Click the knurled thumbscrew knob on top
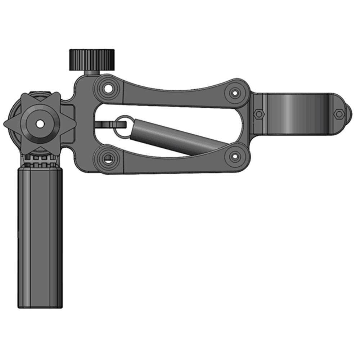pos(92,59)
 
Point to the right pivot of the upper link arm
pos(235,93)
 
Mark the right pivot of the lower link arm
pos(235,156)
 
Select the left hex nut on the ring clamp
pos(258,114)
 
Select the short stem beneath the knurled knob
pos(91,72)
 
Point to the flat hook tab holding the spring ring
pos(104,124)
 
